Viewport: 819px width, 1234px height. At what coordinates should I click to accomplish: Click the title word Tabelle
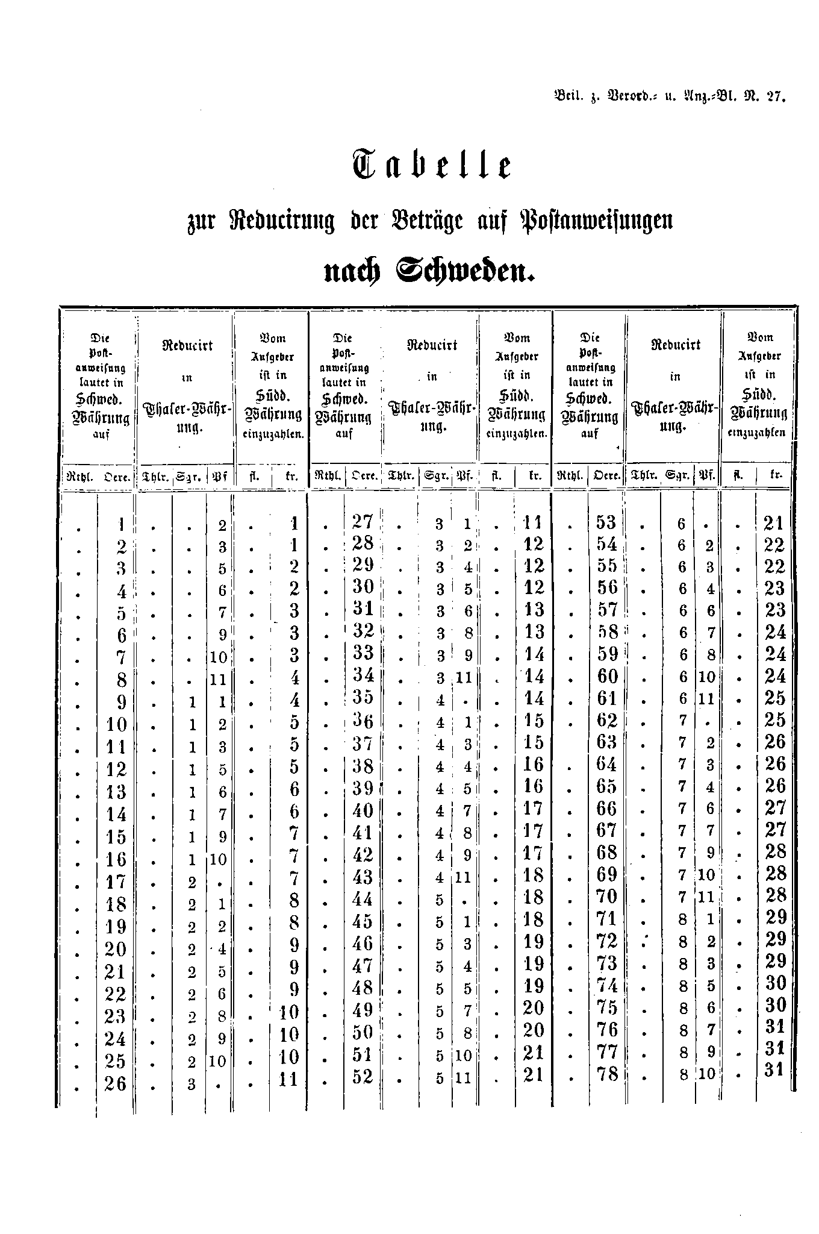pos(431,165)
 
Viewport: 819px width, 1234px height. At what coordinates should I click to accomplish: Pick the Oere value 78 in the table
pos(606,1074)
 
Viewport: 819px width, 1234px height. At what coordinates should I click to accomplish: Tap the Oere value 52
pos(363,1076)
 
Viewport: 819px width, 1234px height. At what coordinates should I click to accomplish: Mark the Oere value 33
pos(363,653)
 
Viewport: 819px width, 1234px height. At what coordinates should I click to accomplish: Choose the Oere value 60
pos(606,676)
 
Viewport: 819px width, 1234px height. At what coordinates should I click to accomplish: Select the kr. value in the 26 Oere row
pos(289,1079)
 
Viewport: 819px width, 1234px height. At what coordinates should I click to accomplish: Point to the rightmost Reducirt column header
pos(676,345)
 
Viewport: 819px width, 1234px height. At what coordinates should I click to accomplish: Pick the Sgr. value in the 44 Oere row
pos(440,900)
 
